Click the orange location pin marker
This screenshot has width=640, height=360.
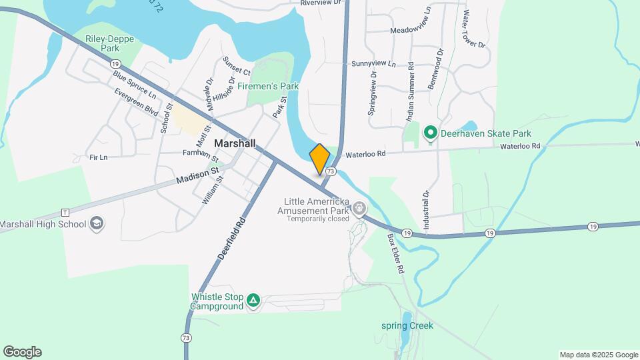pyautogui.click(x=320, y=159)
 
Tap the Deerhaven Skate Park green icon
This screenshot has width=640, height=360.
pyautogui.click(x=430, y=133)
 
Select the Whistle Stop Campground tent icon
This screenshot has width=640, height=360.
pyautogui.click(x=253, y=301)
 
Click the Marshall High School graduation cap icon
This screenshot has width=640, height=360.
pyautogui.click(x=97, y=223)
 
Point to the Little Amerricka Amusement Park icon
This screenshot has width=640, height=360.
pyautogui.click(x=360, y=209)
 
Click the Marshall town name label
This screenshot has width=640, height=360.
pyautogui.click(x=235, y=143)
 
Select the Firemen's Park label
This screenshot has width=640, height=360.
pyautogui.click(x=273, y=86)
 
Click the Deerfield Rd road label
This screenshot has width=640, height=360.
pyautogui.click(x=231, y=237)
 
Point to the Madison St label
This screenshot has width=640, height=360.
pyautogui.click(x=198, y=176)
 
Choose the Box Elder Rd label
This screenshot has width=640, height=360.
pyautogui.click(x=396, y=254)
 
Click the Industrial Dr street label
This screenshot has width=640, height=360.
pyautogui.click(x=425, y=210)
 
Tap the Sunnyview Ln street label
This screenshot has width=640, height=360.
pyautogui.click(x=373, y=64)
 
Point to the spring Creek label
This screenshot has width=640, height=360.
pyautogui.click(x=407, y=326)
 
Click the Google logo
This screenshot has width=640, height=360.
pyautogui.click(x=22, y=352)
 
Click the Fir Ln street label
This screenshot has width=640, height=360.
pyautogui.click(x=98, y=157)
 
